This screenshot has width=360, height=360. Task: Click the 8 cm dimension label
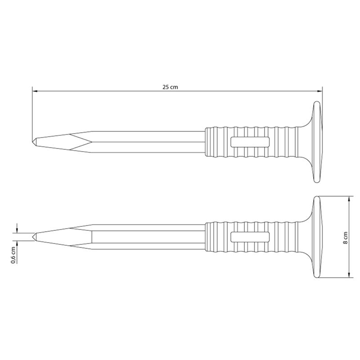(345, 237)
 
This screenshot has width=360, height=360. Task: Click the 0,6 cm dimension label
(13, 255)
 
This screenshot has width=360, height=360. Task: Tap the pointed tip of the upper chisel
(33, 141)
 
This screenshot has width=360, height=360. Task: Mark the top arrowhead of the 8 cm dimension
(349, 199)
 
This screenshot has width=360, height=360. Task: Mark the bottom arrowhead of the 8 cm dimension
(349, 275)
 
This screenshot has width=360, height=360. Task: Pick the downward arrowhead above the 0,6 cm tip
(18, 230)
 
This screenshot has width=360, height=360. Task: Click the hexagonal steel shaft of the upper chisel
(148, 141)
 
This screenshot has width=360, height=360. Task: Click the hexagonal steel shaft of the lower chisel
(148, 236)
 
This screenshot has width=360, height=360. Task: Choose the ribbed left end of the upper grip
(211, 141)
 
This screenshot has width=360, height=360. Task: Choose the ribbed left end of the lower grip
(211, 236)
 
